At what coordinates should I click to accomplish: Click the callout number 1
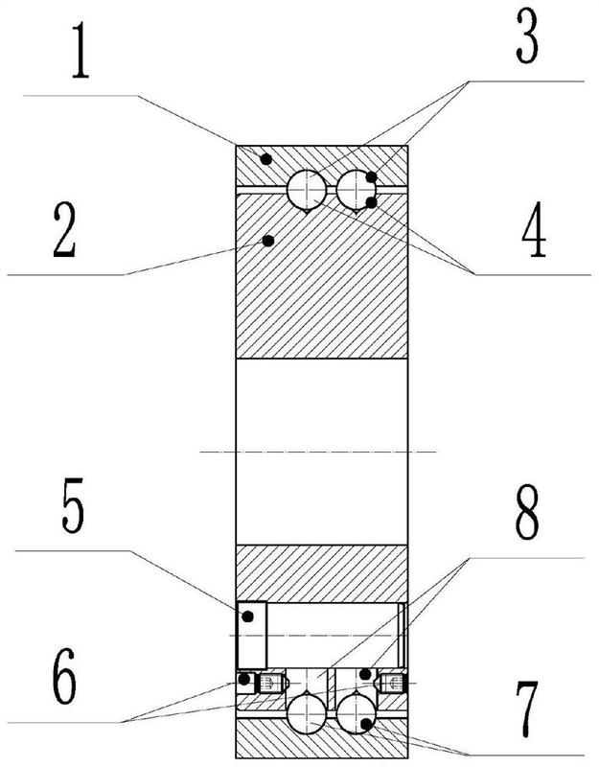(81, 51)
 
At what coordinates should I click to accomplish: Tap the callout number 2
(64, 230)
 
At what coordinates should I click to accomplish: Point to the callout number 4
(534, 229)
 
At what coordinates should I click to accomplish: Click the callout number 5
(73, 505)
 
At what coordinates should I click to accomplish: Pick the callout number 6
(64, 678)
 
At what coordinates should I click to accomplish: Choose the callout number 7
(527, 709)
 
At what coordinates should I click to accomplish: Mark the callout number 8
(526, 512)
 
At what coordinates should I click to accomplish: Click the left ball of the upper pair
(307, 189)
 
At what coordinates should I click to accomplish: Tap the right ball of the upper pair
(356, 189)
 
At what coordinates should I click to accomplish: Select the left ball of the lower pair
(307, 714)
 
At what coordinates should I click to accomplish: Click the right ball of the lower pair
(356, 714)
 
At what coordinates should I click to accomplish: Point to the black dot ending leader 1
(265, 159)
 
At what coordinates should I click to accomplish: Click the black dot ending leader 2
(267, 241)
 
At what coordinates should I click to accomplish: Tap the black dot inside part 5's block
(248, 616)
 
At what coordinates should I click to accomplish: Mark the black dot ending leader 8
(365, 674)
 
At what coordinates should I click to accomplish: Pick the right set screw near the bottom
(391, 683)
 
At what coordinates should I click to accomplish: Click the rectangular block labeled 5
(251, 635)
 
